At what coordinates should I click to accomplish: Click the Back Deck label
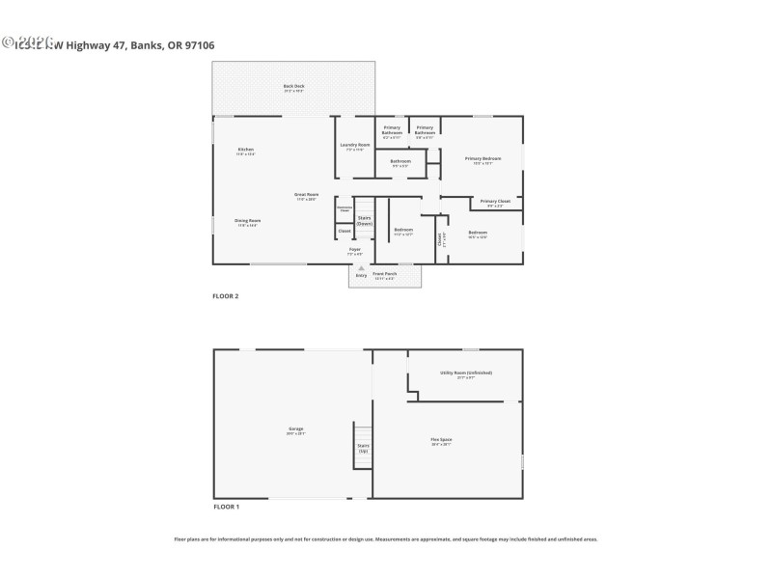pos(293,87)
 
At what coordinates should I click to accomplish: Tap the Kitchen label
pos(246,151)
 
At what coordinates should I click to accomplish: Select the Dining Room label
pos(248,222)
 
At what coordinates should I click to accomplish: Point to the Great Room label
pos(307,196)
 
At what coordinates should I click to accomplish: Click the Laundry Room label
pos(355,147)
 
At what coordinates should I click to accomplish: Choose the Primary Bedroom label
pos(482,160)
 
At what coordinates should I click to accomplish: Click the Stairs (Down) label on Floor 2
pos(365,220)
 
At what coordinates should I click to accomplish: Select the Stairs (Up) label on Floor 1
pos(364,449)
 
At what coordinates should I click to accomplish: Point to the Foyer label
pos(355,251)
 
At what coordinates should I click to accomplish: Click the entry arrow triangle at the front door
pos(361,268)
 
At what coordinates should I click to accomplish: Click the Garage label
pos(295,430)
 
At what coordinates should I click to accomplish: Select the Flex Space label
pos(441,441)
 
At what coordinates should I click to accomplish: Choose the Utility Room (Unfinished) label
pos(466,373)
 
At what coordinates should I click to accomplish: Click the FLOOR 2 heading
pos(226,296)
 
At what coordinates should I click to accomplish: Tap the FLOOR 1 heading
pos(226,507)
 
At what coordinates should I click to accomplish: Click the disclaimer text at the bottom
pos(385,539)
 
